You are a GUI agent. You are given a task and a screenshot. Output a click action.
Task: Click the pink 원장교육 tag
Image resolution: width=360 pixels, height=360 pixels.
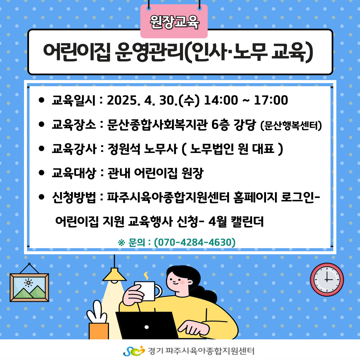point(174,21)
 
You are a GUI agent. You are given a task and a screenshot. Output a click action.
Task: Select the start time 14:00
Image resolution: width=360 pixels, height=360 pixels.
point(221,100)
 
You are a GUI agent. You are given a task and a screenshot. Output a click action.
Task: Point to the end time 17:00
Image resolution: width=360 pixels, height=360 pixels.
point(271,100)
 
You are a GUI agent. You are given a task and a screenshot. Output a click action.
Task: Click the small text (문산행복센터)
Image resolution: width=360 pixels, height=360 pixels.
point(291,126)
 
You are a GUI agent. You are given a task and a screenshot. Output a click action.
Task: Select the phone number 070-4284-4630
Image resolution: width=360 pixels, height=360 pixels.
point(195,242)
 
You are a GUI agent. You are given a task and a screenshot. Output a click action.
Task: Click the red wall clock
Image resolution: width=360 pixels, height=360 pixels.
point(327,279)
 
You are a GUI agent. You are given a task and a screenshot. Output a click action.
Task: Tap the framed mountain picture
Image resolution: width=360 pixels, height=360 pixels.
point(29,287)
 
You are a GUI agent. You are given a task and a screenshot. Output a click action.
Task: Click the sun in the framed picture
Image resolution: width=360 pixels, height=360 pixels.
point(28,283)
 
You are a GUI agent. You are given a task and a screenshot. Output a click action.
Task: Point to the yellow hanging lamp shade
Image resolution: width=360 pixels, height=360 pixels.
point(114,275)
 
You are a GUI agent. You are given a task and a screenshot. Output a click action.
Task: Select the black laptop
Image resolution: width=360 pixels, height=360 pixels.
point(147,325)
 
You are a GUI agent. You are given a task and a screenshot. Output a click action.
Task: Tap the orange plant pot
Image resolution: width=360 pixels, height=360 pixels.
point(99,331)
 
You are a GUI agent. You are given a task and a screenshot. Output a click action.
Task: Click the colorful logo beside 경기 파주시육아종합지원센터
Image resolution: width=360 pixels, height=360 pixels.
point(134,351)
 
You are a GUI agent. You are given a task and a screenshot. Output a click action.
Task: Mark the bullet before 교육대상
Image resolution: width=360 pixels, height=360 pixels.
point(42,173)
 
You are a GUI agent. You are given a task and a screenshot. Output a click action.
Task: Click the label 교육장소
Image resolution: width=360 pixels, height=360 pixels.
point(74,125)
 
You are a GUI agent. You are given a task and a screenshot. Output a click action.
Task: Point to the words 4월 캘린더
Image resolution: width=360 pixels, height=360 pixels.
point(236,222)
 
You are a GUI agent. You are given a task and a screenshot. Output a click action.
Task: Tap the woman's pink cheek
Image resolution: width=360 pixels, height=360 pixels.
point(182,282)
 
